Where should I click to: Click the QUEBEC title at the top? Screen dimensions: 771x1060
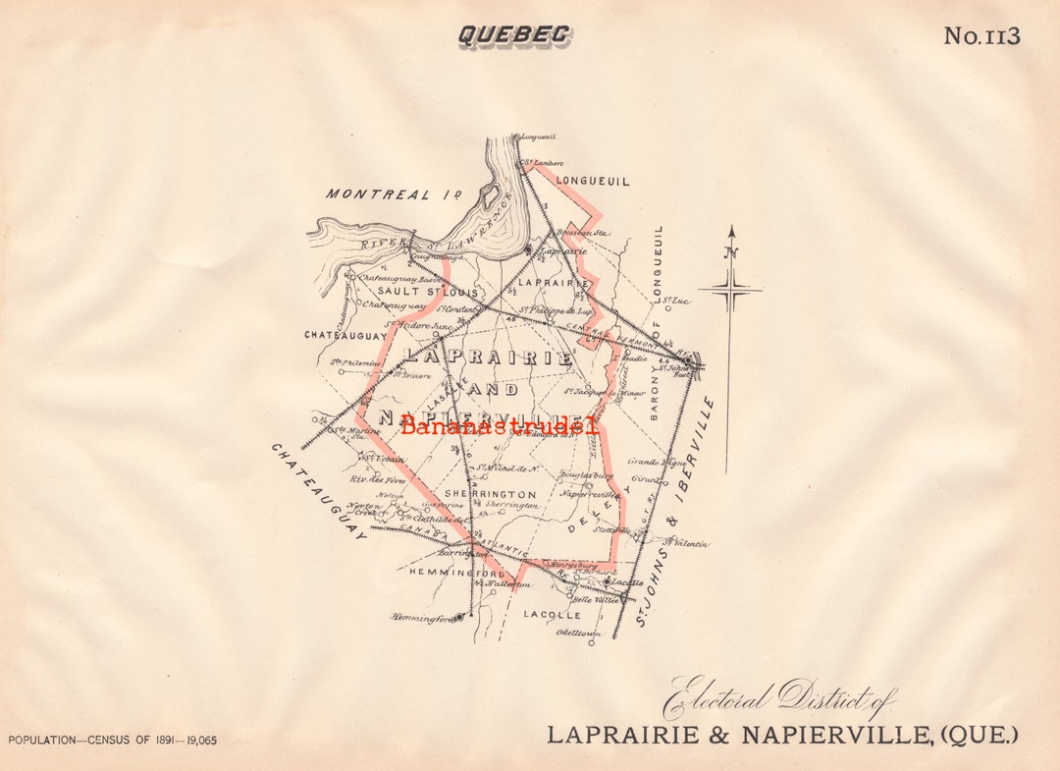514,35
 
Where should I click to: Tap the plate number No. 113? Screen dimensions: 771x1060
981,36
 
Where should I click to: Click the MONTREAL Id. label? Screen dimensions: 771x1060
394,194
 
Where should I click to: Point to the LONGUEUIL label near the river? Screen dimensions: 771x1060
593,181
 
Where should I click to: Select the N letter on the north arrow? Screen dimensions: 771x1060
730,251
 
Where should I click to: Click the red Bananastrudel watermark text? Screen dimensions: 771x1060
499,425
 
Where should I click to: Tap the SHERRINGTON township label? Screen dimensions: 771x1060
490,494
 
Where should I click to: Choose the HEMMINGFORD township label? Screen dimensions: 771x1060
456,573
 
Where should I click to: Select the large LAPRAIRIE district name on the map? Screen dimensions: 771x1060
488,358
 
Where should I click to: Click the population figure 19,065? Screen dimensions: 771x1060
197,741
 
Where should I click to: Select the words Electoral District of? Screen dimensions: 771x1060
778,699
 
